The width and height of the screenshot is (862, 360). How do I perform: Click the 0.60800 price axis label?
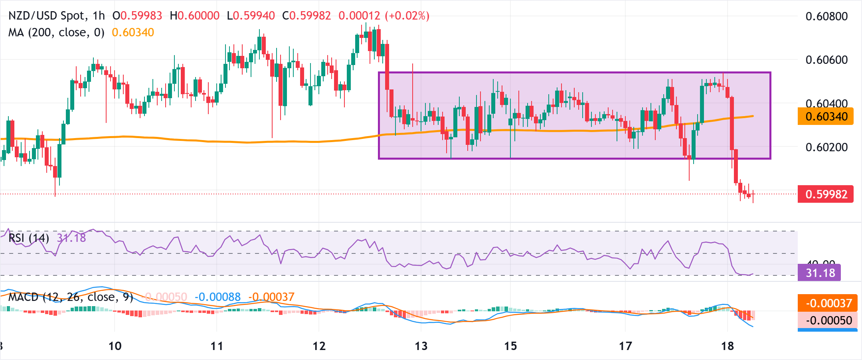click(x=826, y=16)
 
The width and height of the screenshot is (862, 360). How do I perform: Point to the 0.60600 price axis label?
click(x=826, y=60)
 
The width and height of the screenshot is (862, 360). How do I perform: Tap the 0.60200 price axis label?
click(x=826, y=147)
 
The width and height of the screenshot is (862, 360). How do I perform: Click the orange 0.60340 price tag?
click(x=826, y=117)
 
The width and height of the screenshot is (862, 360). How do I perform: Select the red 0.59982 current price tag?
click(x=826, y=194)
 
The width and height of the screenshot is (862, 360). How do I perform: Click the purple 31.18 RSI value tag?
click(x=820, y=273)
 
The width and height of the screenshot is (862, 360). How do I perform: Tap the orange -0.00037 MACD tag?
click(x=828, y=303)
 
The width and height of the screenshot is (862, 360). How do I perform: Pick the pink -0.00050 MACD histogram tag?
click(x=828, y=320)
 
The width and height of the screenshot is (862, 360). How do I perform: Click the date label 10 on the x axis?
click(x=115, y=346)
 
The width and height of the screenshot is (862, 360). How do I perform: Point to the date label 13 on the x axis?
click(x=421, y=346)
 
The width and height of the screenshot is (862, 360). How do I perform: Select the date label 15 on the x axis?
click(x=510, y=346)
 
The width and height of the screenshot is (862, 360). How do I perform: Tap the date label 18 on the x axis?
click(x=728, y=346)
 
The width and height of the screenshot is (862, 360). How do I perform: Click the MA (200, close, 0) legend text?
click(x=56, y=32)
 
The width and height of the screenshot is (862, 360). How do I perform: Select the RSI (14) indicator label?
click(x=29, y=238)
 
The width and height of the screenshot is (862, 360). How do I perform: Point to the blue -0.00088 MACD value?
click(x=217, y=297)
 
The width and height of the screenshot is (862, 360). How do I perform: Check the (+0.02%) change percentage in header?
click(x=407, y=16)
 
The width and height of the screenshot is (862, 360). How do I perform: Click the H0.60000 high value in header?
click(x=195, y=16)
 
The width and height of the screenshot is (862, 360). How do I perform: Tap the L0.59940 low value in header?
click(x=251, y=16)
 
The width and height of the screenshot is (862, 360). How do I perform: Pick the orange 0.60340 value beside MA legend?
click(x=133, y=32)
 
